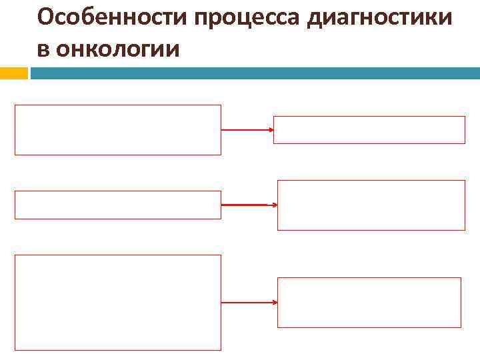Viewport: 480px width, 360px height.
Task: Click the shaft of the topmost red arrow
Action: coord(245,130)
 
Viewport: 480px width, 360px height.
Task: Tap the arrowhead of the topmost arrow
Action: coord(271,130)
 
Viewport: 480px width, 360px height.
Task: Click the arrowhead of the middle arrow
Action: coord(273,205)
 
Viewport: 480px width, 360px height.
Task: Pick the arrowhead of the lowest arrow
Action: coord(274,303)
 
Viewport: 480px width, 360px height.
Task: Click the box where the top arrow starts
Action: coord(118,130)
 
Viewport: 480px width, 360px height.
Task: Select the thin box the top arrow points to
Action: coord(369,130)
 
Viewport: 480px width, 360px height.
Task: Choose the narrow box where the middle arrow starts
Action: coord(118,205)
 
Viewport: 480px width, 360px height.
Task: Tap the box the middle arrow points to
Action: coord(371,205)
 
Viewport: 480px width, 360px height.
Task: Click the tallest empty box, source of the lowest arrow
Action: coord(118,303)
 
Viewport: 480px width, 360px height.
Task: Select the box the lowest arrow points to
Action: coord(369,303)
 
